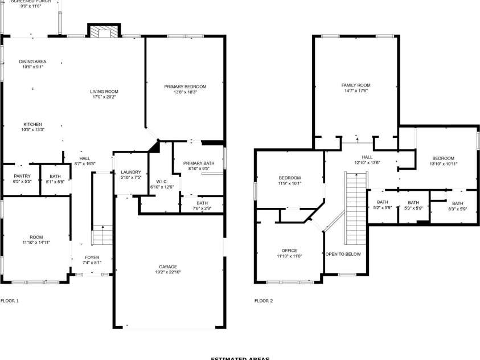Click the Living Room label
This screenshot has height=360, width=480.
click(x=104, y=92)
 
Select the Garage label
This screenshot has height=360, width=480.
click(x=168, y=267)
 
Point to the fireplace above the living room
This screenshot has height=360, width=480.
click(x=104, y=31)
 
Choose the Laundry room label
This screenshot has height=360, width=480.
click(x=131, y=172)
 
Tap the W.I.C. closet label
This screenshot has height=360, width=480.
click(x=161, y=182)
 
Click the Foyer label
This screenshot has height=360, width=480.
click(x=92, y=257)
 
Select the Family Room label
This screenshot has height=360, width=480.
click(x=355, y=85)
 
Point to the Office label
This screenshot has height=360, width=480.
click(x=289, y=251)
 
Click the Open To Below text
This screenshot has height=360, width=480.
click(x=343, y=254)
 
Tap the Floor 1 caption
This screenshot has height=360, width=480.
click(x=10, y=300)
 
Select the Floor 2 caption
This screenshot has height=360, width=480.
click(x=264, y=300)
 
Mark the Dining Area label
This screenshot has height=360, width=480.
click(x=32, y=62)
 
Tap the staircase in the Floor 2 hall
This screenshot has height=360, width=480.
click(x=355, y=199)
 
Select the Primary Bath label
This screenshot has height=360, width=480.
click(x=199, y=163)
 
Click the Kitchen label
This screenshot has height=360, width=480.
click(x=32, y=124)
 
